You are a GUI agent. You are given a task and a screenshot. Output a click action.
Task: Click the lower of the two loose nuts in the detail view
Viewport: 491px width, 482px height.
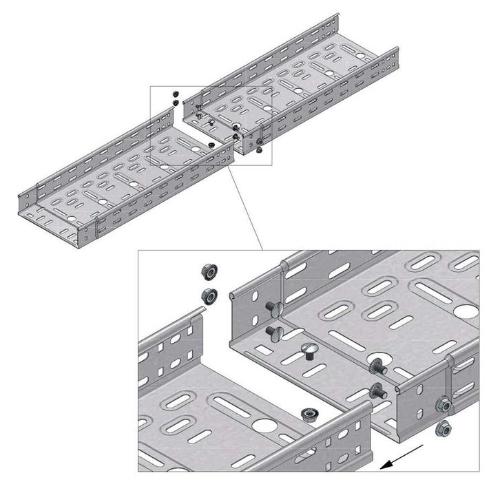(x=207, y=296)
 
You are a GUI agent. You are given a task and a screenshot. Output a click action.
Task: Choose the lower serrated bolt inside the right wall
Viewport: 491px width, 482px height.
(x=377, y=390)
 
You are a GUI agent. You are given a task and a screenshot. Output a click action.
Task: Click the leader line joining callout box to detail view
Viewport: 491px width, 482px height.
(x=247, y=207)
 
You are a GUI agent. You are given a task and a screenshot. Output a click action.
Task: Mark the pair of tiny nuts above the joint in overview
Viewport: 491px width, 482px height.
(x=175, y=98)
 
